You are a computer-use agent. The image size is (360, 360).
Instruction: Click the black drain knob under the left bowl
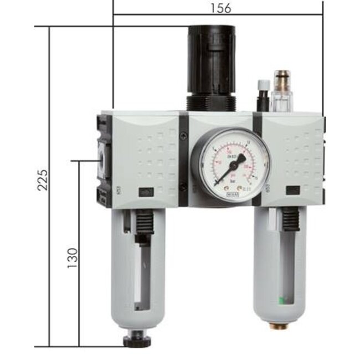(136, 339)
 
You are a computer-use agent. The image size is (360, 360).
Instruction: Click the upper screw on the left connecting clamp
(183, 133)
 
